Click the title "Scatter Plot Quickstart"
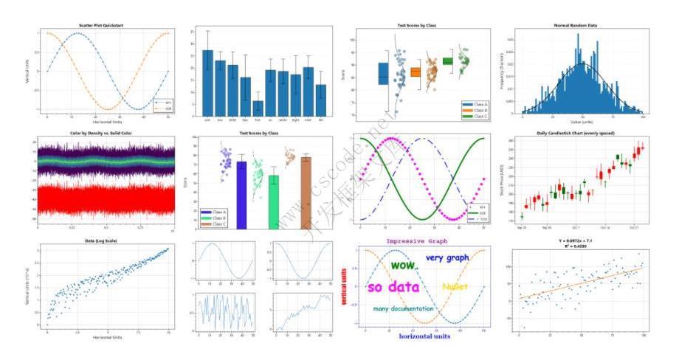(101, 26)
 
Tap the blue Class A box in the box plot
(383, 74)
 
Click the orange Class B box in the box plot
(416, 72)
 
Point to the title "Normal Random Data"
(575, 26)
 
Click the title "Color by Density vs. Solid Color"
(101, 134)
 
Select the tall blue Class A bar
(241, 195)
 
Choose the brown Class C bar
(306, 193)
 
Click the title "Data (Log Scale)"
(101, 241)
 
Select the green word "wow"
(403, 264)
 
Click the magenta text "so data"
(393, 288)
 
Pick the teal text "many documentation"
(403, 308)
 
